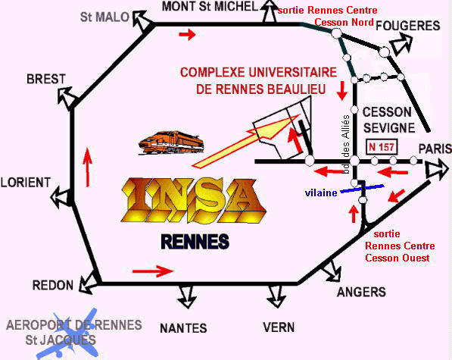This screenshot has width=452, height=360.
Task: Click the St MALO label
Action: (x=104, y=17)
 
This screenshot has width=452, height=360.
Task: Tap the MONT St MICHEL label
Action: (x=210, y=6)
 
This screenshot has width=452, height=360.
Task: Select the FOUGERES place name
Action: (x=408, y=26)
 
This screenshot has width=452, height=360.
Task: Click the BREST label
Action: (x=46, y=79)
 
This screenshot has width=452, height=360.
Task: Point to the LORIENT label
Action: (x=26, y=183)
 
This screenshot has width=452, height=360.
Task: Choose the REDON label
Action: (x=53, y=285)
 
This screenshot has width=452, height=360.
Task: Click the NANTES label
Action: (x=183, y=328)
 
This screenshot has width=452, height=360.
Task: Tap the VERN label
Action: (x=279, y=327)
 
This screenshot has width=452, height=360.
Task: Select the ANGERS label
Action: (x=361, y=292)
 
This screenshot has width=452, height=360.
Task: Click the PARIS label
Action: (x=435, y=149)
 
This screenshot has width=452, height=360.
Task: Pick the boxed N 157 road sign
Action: (x=382, y=147)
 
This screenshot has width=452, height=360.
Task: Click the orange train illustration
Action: (x=171, y=142)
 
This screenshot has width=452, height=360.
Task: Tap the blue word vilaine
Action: (x=321, y=193)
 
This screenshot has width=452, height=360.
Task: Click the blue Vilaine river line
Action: (x=362, y=189)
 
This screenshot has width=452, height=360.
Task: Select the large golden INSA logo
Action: (x=193, y=201)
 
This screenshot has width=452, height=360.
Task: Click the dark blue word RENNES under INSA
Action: (x=195, y=242)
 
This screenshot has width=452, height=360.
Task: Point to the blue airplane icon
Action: (x=67, y=335)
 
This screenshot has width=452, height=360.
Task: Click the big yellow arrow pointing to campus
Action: (x=245, y=141)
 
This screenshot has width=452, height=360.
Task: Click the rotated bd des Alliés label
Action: (x=347, y=144)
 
